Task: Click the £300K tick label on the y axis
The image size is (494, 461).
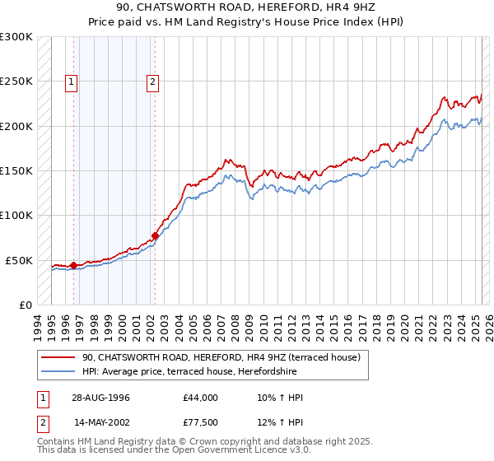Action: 16,37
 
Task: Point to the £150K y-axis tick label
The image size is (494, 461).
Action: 16,171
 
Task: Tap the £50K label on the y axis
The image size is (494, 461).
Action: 20,260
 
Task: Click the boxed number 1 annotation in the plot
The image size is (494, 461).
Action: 72,81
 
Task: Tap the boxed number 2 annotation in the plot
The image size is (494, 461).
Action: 154,81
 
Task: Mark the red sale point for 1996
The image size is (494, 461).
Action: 73,265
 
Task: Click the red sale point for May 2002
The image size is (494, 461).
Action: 155,235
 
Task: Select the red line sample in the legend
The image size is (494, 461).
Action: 58,357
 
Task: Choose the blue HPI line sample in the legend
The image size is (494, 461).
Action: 58,370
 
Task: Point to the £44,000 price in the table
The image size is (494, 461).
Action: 201,398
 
